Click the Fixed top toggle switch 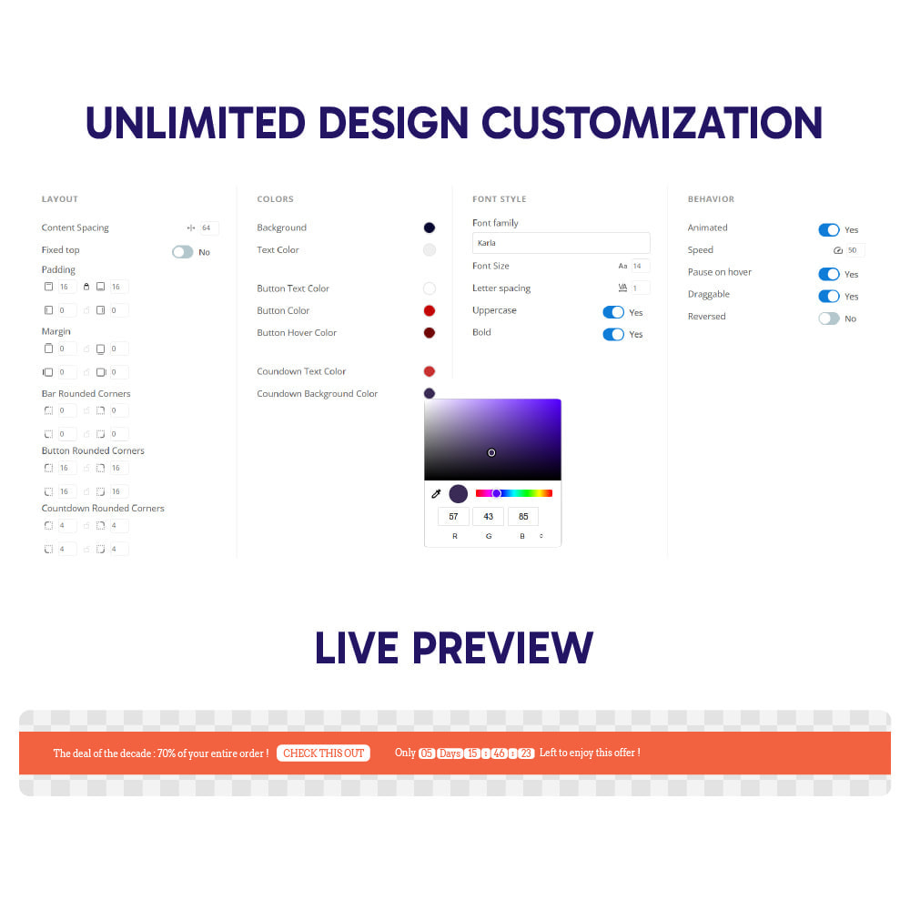click(x=182, y=252)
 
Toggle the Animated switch click(x=829, y=230)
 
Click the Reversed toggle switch click(x=829, y=318)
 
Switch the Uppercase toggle click(x=613, y=312)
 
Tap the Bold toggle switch click(x=613, y=334)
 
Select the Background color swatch click(x=430, y=227)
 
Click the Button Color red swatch click(x=430, y=310)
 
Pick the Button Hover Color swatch click(x=430, y=332)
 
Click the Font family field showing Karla click(x=561, y=243)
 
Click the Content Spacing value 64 click(x=209, y=228)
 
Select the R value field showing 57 click(x=453, y=517)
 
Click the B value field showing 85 click(x=523, y=517)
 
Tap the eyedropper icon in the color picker click(x=437, y=494)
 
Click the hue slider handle click(x=496, y=493)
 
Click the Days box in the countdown click(x=450, y=753)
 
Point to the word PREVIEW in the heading click(x=503, y=648)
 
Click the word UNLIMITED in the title click(x=196, y=123)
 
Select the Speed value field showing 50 click(x=854, y=250)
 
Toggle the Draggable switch click(x=829, y=297)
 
